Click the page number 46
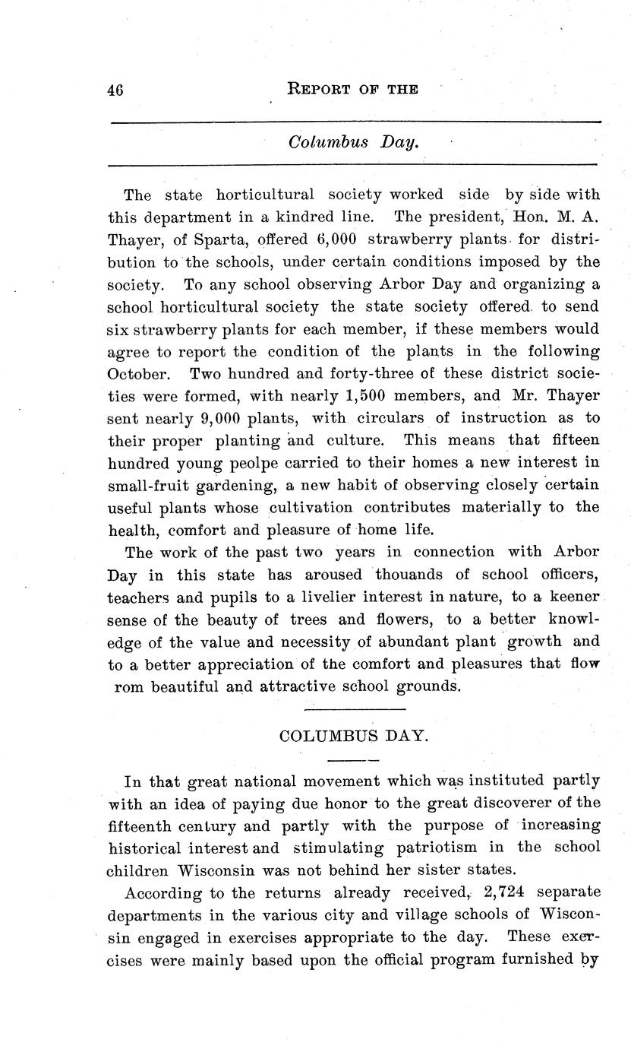[115, 90]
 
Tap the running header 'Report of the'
[353, 89]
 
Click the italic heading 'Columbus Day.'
[353, 142]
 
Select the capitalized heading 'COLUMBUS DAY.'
[354, 736]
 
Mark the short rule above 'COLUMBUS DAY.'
[353, 709]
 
